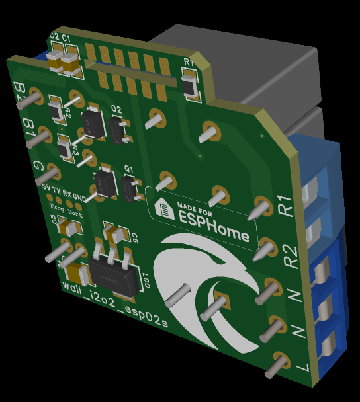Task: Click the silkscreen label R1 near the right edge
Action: click(285, 206)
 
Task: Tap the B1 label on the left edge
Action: click(27, 126)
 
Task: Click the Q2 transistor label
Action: click(116, 109)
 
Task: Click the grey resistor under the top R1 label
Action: click(189, 83)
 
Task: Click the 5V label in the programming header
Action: click(46, 188)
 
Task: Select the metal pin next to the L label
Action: click(278, 364)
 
